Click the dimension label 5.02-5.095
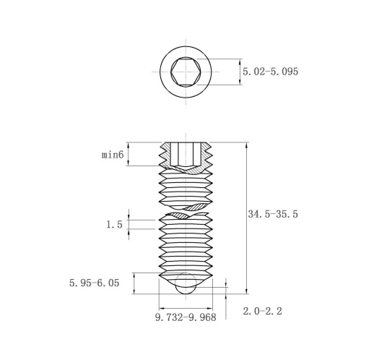tap(270, 72)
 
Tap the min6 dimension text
tap(113, 154)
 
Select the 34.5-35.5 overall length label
tap(273, 214)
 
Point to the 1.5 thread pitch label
tap(114, 225)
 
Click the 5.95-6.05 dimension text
tap(95, 283)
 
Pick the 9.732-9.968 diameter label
tap(186, 317)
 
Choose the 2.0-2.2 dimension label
tap(262, 311)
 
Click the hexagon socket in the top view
tap(186, 72)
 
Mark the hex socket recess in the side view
tap(186, 155)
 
